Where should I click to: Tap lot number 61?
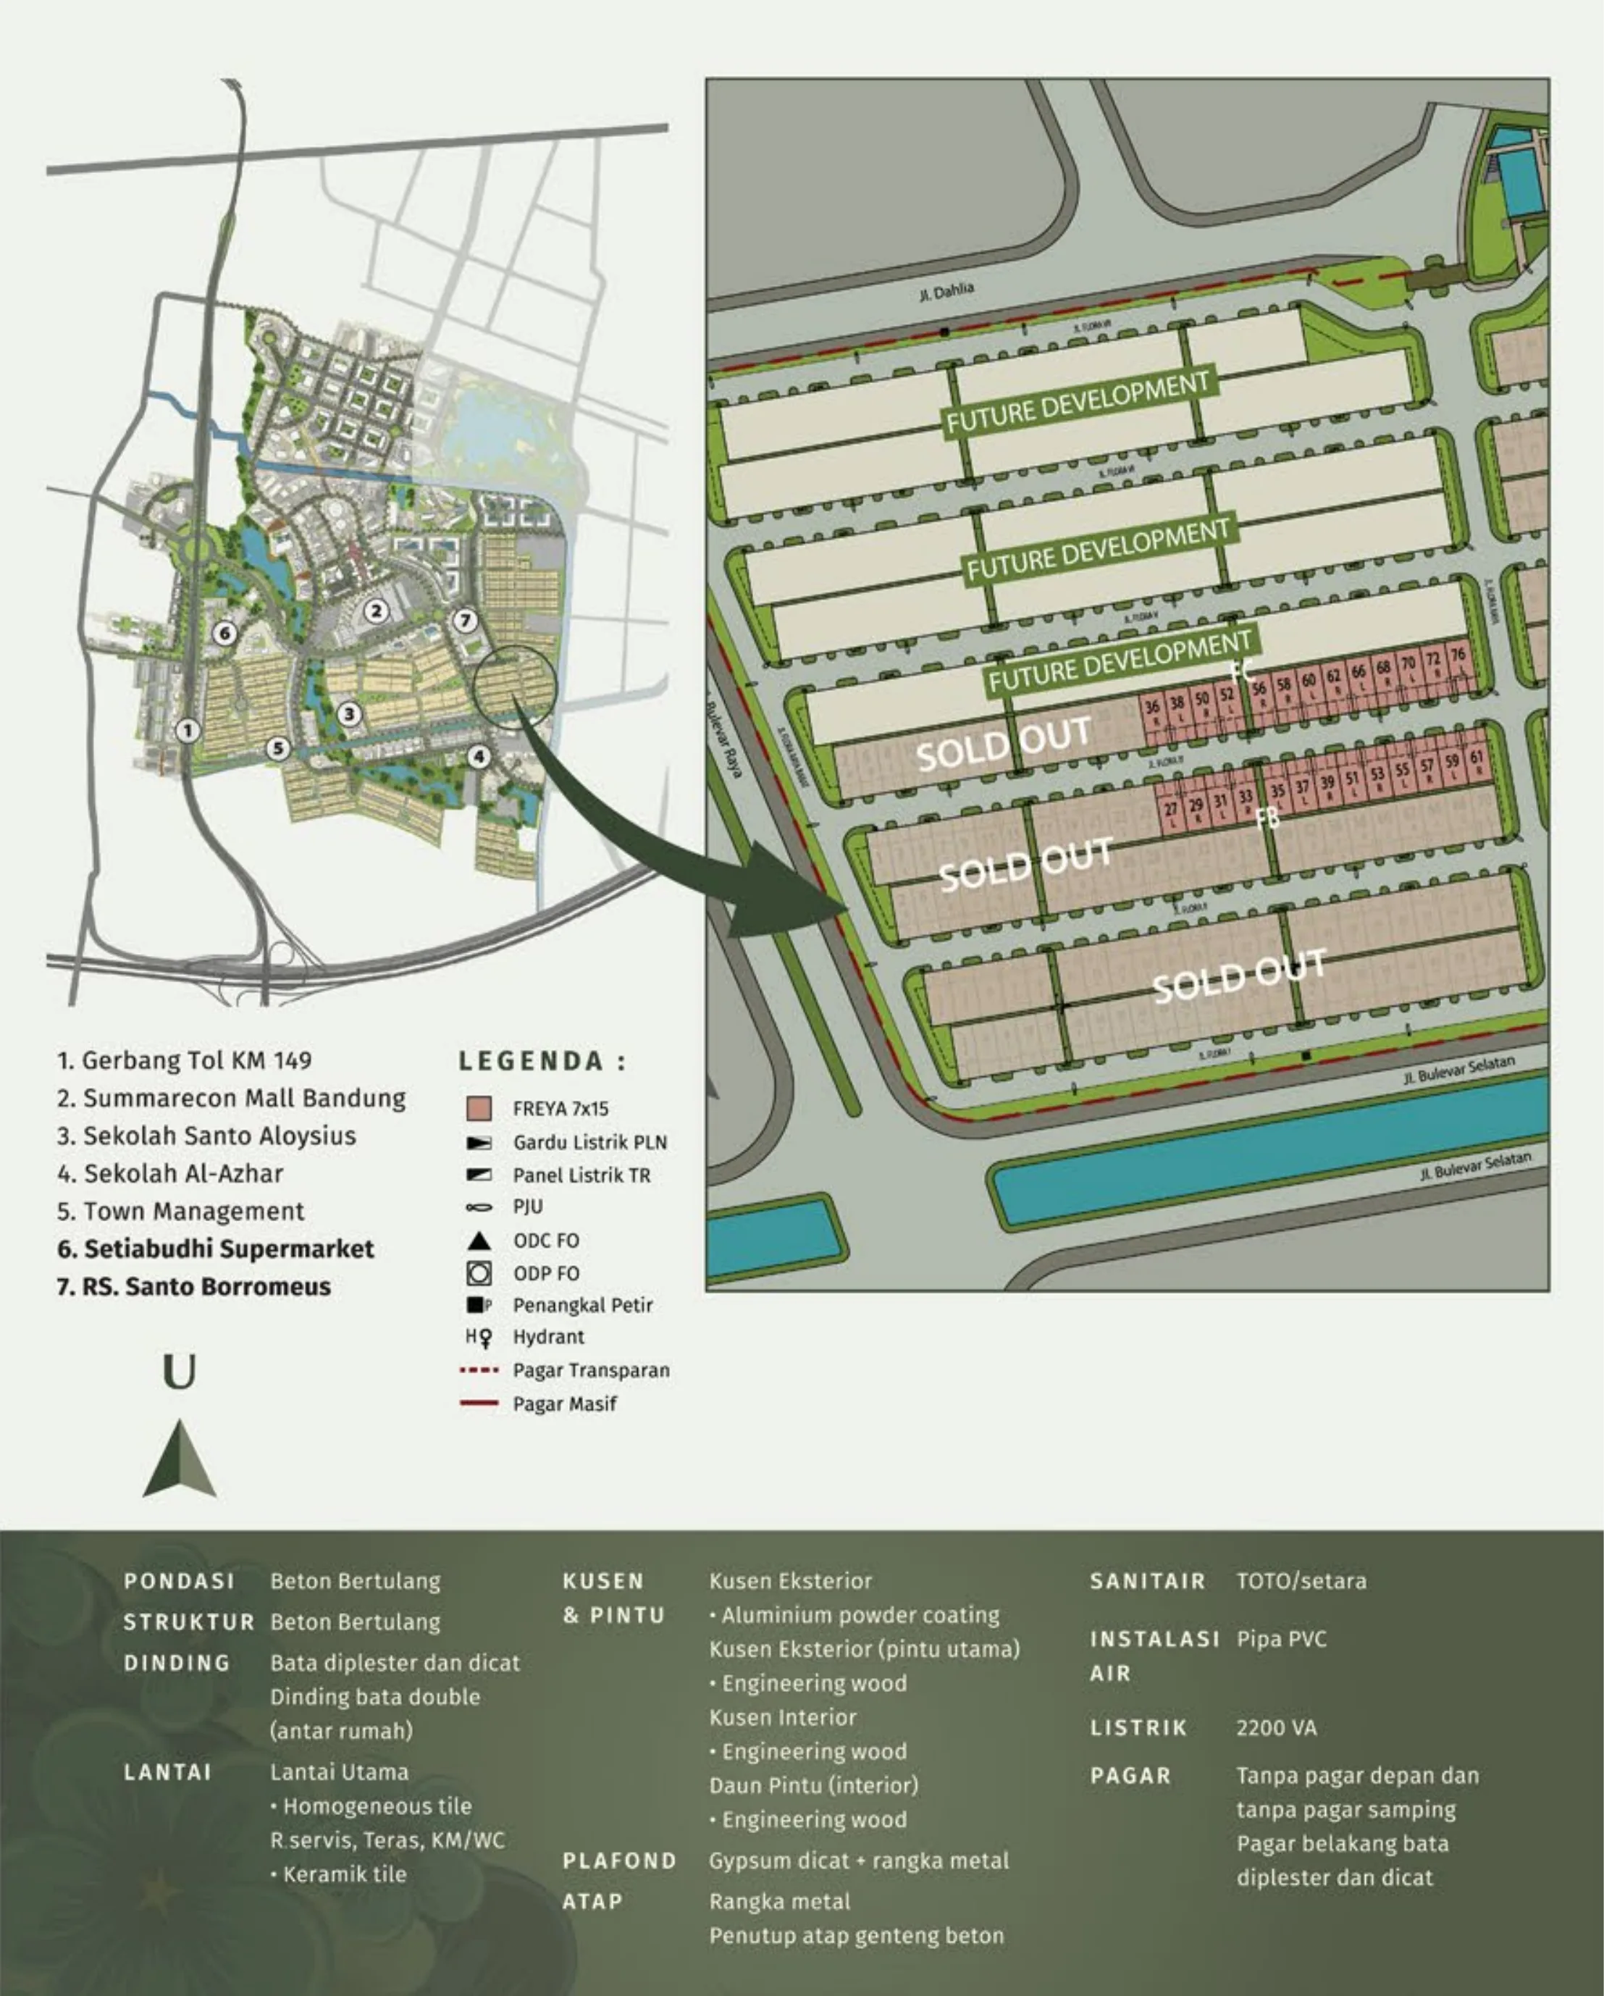1477,758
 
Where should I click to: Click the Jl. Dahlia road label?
946,293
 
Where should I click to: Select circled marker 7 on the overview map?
466,620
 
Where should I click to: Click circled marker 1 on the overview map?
188,731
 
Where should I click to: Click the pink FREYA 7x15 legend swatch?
479,1108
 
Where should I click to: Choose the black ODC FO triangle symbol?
479,1241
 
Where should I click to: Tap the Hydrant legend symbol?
479,1337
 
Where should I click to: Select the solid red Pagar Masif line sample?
479,1404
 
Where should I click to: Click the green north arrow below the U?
180,1460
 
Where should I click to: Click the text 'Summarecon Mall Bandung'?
244,1099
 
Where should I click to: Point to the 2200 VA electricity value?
1275,1727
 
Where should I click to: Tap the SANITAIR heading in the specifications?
1147,1581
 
